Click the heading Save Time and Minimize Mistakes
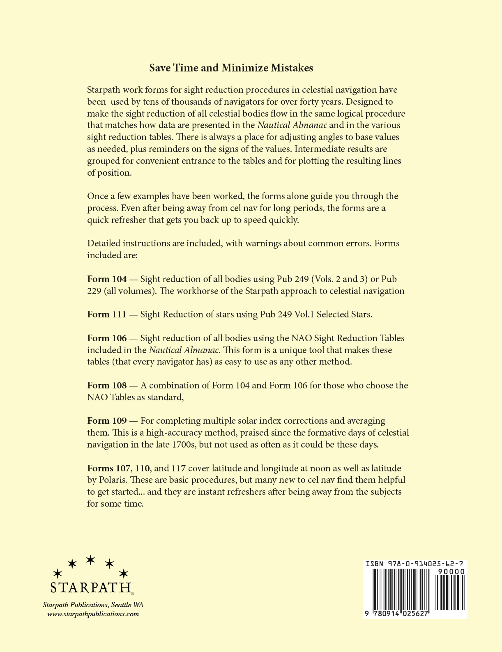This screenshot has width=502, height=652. pos(231,68)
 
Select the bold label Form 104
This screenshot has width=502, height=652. pos(107,279)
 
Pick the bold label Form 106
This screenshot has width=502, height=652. pos(107,338)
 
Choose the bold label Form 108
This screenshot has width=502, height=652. pos(107,386)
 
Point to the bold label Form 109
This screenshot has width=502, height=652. pos(107,421)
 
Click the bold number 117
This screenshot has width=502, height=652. pos(179,468)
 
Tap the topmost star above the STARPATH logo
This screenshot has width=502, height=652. pos(90,559)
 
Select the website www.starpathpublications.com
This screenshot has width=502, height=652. pos(93,614)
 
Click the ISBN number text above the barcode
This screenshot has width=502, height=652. pos(415,564)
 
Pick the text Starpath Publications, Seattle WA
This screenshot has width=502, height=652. pos(93,605)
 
